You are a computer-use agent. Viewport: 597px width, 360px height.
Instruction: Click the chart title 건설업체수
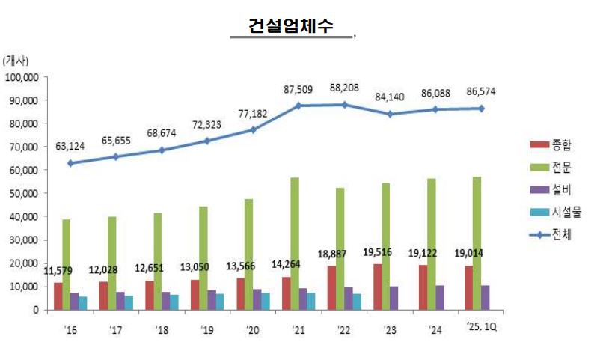pyautogui.click(x=292, y=25)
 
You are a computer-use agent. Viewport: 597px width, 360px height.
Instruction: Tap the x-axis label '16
pyautogui.click(x=70, y=326)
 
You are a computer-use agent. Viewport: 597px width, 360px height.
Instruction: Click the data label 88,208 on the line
pyautogui.click(x=344, y=89)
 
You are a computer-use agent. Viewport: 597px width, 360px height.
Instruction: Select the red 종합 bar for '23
pyautogui.click(x=379, y=286)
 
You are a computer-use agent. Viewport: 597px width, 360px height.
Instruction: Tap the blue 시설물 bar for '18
pyautogui.click(x=174, y=302)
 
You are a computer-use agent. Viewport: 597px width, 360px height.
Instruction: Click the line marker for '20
pyautogui.click(x=253, y=129)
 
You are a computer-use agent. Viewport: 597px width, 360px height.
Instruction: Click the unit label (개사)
pyautogui.click(x=16, y=60)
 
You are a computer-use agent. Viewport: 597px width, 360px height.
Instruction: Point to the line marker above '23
pyautogui.click(x=390, y=114)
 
